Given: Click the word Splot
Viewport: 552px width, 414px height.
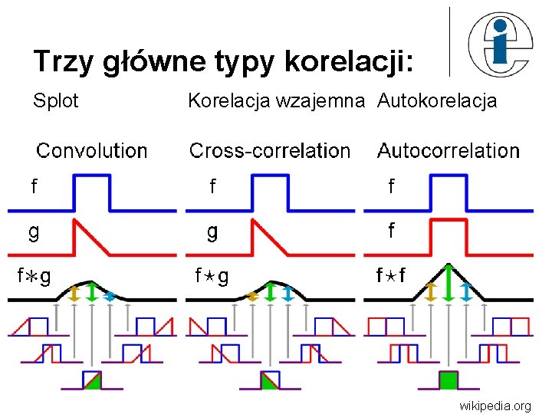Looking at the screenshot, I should coord(56,100).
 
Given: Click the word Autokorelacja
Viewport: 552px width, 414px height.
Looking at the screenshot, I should coord(437,100).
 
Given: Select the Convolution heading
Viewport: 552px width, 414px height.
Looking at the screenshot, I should coord(92,150).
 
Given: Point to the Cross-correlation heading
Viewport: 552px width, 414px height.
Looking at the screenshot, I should coord(270,150).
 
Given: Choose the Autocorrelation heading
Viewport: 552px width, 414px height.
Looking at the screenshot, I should coord(449,150).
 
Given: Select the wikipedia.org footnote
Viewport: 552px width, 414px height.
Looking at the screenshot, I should coord(495,405).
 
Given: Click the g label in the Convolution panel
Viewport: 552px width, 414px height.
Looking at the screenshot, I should coord(34,231).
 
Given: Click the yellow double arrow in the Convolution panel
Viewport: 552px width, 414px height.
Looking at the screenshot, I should coord(74,293).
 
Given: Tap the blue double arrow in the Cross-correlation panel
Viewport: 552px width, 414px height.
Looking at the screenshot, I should coord(287,293).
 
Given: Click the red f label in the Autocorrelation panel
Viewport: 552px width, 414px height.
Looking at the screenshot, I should coord(392,230).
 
